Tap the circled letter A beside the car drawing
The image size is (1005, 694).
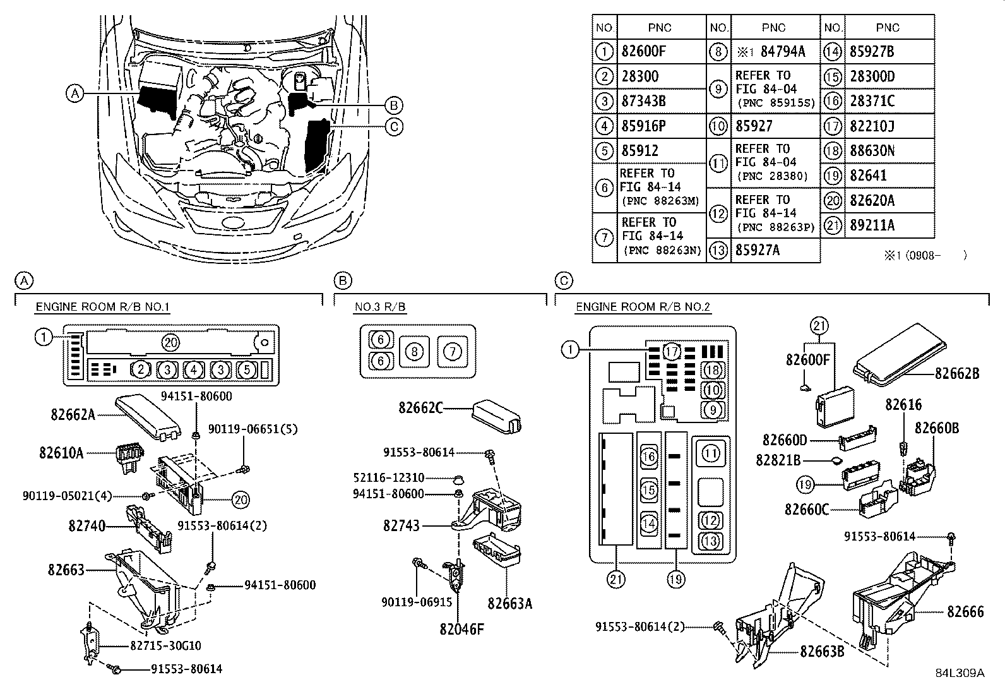pos(74,94)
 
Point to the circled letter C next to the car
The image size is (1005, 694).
pos(393,126)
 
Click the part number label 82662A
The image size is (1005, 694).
pos(73,414)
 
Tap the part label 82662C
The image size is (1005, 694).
pos(420,408)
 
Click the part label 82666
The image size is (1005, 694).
pos(965,611)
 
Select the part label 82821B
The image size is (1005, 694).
pos(778,461)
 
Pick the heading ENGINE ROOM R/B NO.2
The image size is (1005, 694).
pos(643,308)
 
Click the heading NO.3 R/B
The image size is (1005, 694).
pos(379,308)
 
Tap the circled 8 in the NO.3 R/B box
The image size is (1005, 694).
pos(413,351)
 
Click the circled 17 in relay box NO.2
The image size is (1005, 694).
pos(672,351)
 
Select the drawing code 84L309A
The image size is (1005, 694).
pos(960,673)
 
